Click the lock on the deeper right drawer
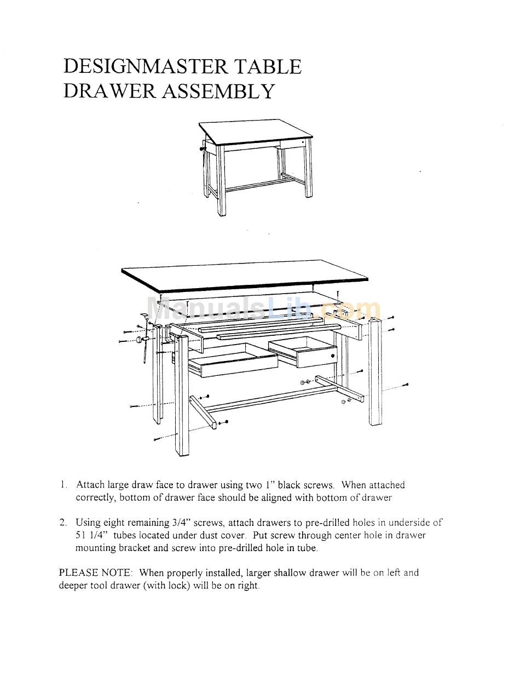coord(332,356)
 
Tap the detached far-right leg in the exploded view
coord(375,373)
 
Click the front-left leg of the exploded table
coord(182,394)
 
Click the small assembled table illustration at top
coord(256,164)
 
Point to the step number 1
coord(64,485)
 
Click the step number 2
coord(63,523)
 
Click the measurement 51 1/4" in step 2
coord(90,535)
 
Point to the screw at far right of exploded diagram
coord(405,385)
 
